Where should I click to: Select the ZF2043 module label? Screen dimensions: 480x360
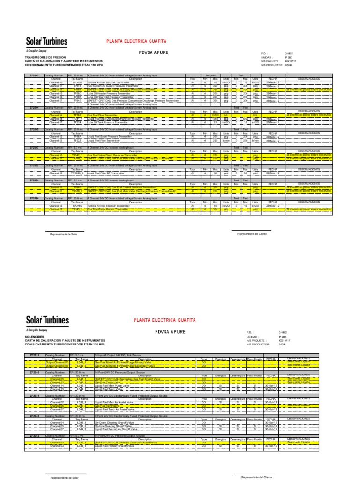click(34, 75)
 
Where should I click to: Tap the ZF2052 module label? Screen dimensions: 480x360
click(34, 166)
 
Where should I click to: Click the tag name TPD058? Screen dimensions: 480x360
click(77, 82)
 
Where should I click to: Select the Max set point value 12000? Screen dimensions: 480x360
click(215, 115)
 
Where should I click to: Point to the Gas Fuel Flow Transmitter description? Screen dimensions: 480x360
click(105, 115)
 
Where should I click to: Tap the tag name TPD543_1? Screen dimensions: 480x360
click(77, 173)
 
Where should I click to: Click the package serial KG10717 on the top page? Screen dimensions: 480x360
click(292, 61)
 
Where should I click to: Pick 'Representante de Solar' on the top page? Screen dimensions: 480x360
click(64, 233)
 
